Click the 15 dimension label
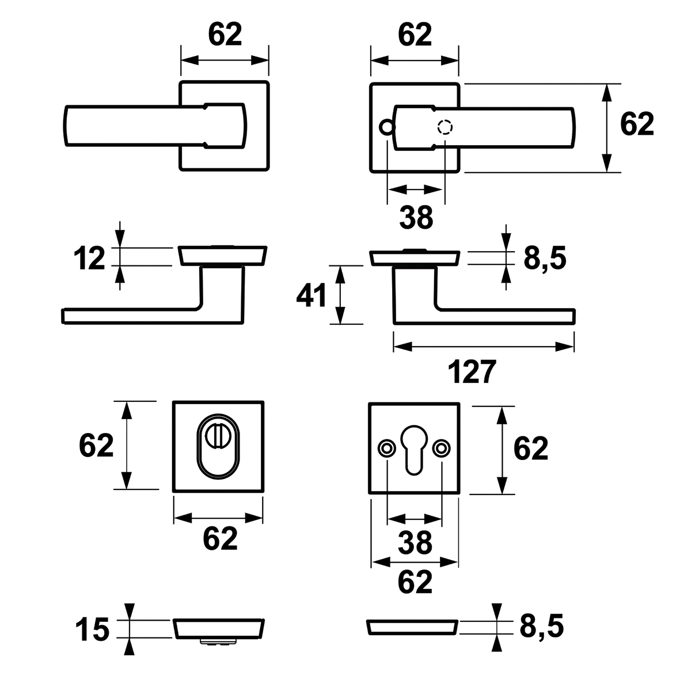[93, 629]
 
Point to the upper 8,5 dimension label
[545, 259]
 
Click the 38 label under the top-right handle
[416, 218]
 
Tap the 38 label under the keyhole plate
[415, 542]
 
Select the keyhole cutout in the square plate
[415, 450]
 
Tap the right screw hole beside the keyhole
[442, 447]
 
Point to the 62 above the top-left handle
[225, 36]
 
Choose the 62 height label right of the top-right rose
[637, 124]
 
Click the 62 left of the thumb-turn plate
[96, 445]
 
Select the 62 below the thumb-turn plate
[220, 538]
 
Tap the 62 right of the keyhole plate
[530, 449]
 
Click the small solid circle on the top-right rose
[386, 127]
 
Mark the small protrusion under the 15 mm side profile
[219, 641]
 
